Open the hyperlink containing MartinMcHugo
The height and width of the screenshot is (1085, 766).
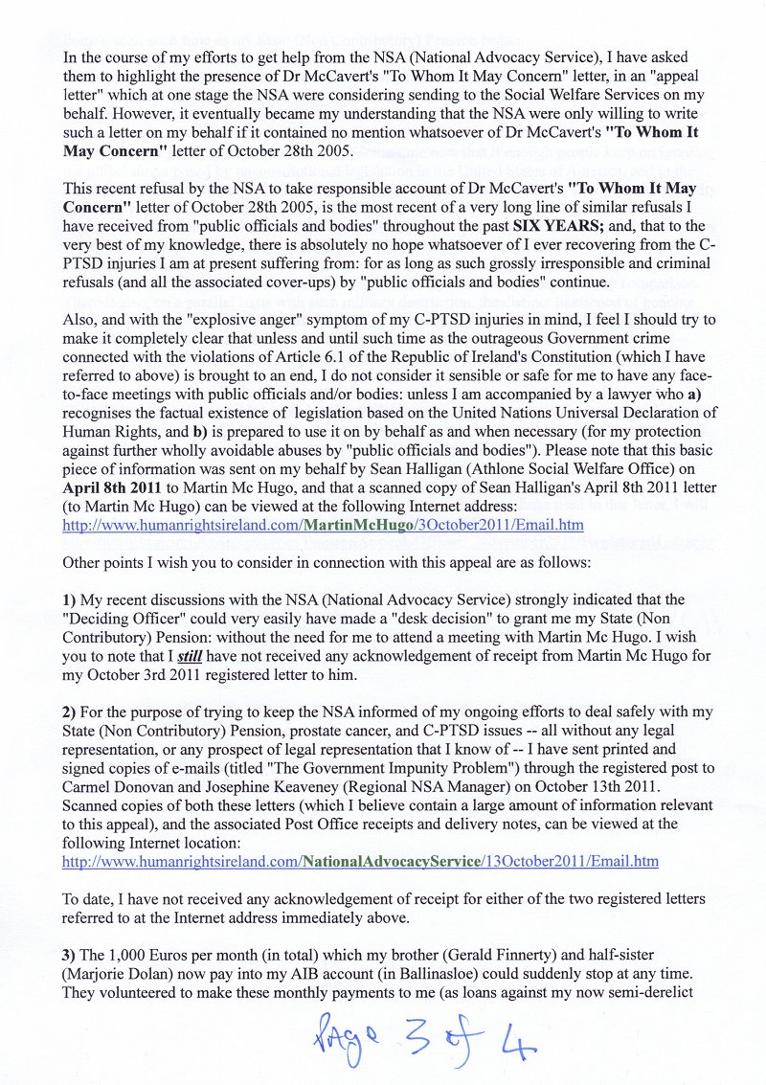tap(323, 526)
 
